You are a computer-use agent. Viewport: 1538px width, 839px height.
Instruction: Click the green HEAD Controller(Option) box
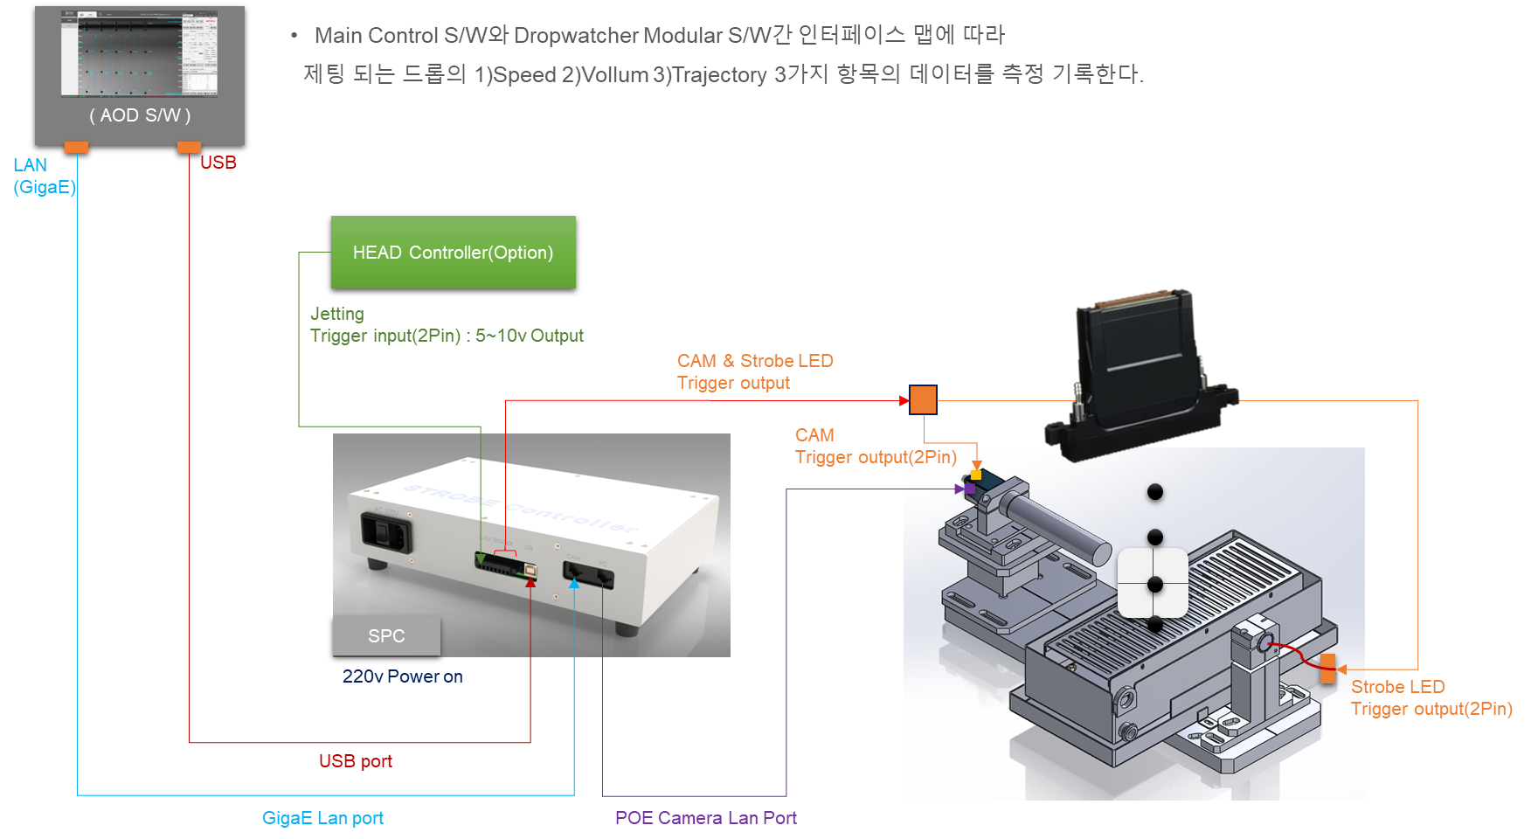pyautogui.click(x=453, y=252)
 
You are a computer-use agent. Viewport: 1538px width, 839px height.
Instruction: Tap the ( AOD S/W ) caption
pyautogui.click(x=140, y=115)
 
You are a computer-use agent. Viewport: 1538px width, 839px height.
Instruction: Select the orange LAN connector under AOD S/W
pyautogui.click(x=77, y=147)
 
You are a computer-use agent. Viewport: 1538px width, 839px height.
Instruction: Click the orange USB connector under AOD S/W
pyautogui.click(x=189, y=147)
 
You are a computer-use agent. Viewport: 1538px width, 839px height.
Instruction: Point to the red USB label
pyautogui.click(x=218, y=163)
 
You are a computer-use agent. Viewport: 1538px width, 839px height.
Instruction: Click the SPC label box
pyautogui.click(x=386, y=636)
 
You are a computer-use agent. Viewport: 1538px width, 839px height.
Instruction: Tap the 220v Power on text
pyautogui.click(x=402, y=676)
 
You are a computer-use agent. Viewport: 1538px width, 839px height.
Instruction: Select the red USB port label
pyautogui.click(x=355, y=761)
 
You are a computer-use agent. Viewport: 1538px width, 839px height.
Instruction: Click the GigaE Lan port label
pyautogui.click(x=322, y=818)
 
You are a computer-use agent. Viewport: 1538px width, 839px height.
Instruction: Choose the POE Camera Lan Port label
pyautogui.click(x=705, y=818)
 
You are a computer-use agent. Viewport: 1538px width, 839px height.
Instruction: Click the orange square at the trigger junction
pyautogui.click(x=923, y=400)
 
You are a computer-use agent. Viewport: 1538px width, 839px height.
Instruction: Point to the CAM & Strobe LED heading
pyautogui.click(x=755, y=361)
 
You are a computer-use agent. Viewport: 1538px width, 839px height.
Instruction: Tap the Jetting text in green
pyautogui.click(x=336, y=314)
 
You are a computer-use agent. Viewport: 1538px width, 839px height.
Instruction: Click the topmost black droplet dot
pyautogui.click(x=1155, y=492)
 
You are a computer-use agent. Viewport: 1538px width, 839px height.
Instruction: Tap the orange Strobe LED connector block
pyautogui.click(x=1328, y=669)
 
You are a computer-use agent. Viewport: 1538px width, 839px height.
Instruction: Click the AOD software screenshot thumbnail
pyautogui.click(x=140, y=54)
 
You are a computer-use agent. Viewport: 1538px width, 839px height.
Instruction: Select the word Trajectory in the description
pyautogui.click(x=719, y=75)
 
